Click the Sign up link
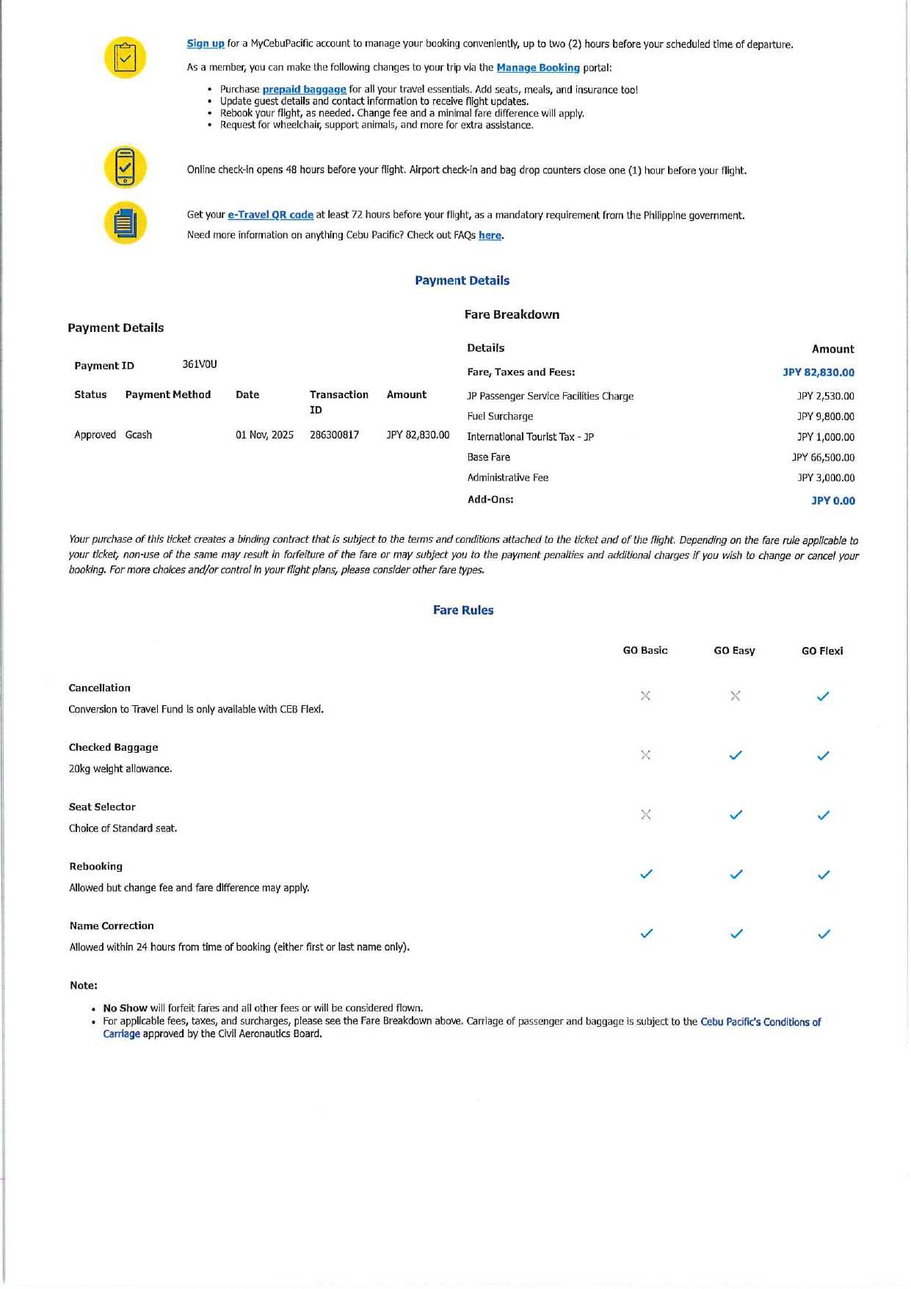[206, 44]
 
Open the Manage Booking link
[538, 68]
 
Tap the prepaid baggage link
[304, 90]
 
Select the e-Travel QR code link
[270, 215]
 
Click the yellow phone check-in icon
[126, 167]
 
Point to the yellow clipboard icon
[126, 57]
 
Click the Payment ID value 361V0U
[200, 365]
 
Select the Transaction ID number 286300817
[334, 435]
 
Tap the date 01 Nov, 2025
[264, 435]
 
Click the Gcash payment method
[139, 435]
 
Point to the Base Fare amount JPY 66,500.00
[823, 458]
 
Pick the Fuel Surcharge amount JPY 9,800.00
[826, 416]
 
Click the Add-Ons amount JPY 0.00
[833, 501]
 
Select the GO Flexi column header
[822, 651]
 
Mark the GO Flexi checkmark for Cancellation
[823, 696]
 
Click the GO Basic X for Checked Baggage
[645, 755]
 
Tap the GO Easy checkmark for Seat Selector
[736, 815]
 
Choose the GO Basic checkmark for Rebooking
[646, 874]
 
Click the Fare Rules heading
[463, 610]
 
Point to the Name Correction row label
[112, 926]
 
